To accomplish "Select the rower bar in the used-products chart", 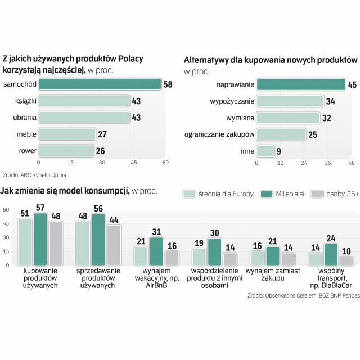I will tap(67, 150).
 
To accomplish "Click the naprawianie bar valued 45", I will tap(301, 84).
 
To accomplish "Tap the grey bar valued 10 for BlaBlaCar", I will tap(346, 260).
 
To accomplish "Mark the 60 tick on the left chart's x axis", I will tap(165, 163).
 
